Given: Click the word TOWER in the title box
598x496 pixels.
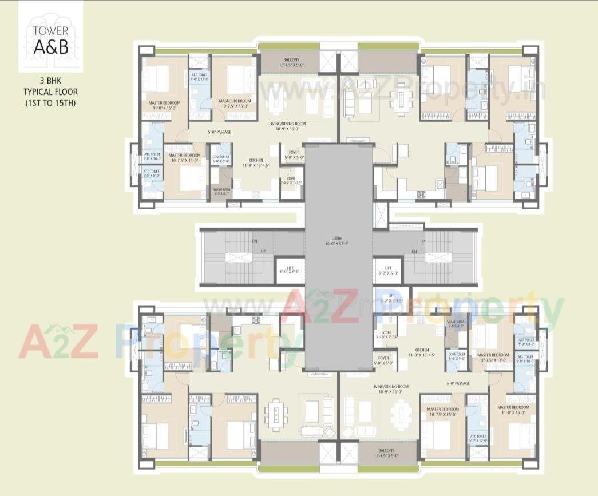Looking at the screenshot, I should (x=50, y=31).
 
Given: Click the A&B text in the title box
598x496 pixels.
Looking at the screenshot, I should (x=50, y=47).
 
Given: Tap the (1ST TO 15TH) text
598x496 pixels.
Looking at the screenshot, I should (x=50, y=103).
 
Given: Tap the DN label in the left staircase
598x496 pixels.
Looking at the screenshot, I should (x=254, y=241).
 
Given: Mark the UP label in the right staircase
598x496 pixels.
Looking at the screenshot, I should (x=422, y=241).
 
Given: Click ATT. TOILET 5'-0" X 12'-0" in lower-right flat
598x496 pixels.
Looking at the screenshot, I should (x=478, y=438).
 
